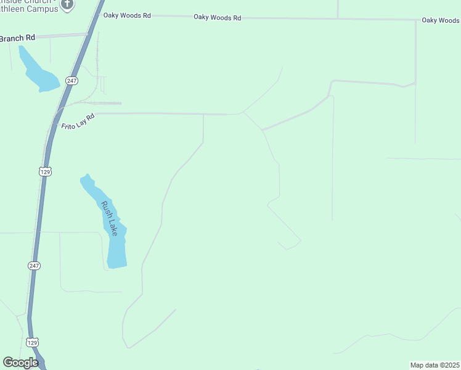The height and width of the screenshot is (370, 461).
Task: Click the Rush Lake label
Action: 110,218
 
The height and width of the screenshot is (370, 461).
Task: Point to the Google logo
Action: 20,363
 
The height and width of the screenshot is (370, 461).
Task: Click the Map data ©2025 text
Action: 435,365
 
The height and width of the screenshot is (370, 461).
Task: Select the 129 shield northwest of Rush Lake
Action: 45,171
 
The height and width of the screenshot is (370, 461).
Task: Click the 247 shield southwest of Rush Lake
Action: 34,265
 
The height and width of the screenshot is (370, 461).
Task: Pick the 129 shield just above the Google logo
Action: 33,341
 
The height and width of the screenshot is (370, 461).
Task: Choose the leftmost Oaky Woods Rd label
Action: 127,15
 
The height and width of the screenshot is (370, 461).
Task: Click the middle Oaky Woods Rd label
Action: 217,18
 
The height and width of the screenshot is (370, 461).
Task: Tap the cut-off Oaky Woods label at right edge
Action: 441,20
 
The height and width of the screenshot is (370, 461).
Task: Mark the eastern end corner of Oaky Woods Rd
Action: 416,20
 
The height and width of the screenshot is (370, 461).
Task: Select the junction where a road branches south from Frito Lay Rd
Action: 203,114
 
